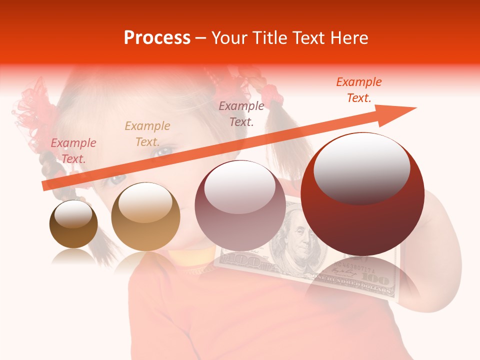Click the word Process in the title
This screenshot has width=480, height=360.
pos(157,38)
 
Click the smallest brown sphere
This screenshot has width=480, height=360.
pos(73,224)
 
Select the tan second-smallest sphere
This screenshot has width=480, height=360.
pos(145,217)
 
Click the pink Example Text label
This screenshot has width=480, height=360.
pos(73,151)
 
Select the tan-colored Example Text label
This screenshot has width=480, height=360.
pos(147,134)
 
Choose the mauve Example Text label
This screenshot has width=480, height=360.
pos(241,114)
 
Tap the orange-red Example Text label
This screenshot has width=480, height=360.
pos(359,90)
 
